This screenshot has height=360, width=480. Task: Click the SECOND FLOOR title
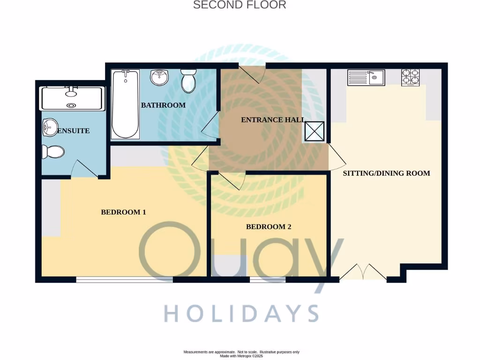[x=240, y=5]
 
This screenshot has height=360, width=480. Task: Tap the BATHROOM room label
[x=163, y=105]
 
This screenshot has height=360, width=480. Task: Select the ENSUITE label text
[x=73, y=131]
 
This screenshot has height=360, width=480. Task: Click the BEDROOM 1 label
[x=124, y=212]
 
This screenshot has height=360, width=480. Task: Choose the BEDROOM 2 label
[x=269, y=227]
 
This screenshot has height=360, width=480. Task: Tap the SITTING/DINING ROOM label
[x=386, y=173]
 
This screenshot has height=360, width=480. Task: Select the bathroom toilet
[x=188, y=81]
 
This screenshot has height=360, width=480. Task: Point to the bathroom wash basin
[x=160, y=77]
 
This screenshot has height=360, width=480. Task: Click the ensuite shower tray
[x=72, y=98]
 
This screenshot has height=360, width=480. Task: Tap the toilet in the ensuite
[x=52, y=151]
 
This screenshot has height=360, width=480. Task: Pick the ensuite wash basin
[x=49, y=126]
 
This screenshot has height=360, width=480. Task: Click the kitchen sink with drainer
[x=366, y=77]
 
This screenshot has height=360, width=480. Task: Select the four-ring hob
[x=410, y=77]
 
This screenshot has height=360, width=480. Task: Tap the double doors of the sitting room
[x=362, y=273]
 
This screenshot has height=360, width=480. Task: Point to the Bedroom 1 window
[x=124, y=280]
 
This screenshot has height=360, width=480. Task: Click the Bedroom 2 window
[x=268, y=280]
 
